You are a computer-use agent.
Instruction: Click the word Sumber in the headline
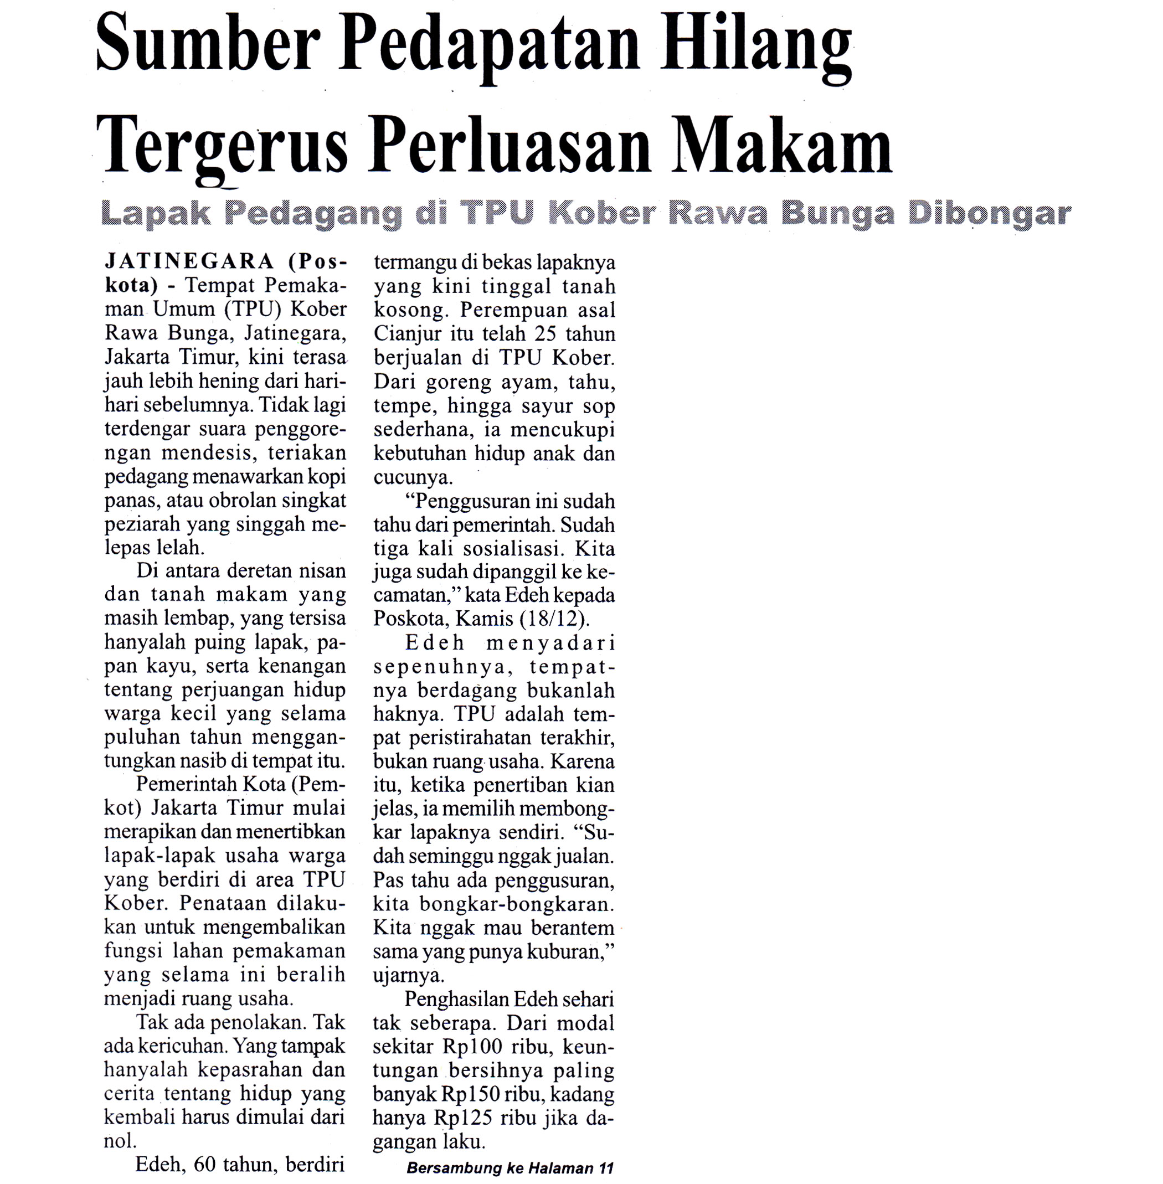click(x=208, y=46)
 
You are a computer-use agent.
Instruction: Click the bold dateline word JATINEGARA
click(x=190, y=261)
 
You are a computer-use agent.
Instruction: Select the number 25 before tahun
click(x=546, y=333)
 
